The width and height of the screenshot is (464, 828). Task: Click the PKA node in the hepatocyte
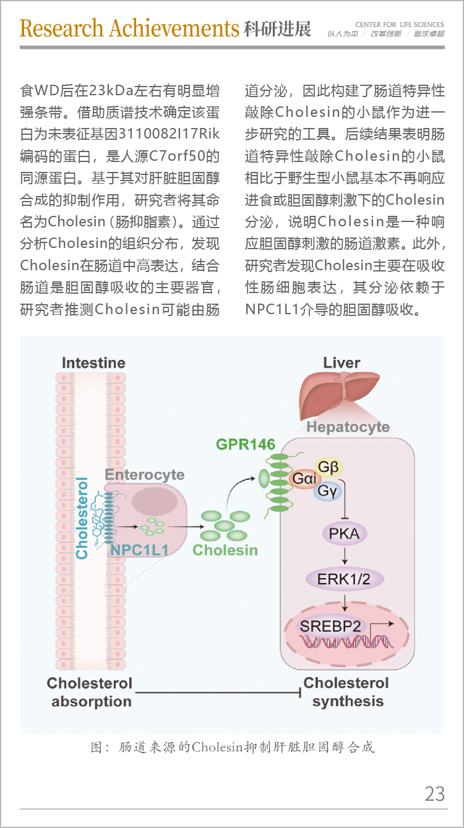[344, 534]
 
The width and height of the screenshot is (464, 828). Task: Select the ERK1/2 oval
[344, 579]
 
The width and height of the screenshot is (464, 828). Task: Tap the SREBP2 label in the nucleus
[330, 626]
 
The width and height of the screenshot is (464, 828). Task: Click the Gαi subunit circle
[304, 479]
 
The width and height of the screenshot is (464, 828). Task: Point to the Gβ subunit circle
[329, 467]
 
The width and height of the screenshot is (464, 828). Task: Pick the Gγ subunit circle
[327, 491]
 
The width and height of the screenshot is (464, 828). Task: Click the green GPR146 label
[246, 444]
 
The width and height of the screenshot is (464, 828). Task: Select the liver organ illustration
[338, 395]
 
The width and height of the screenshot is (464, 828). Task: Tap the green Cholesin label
[225, 550]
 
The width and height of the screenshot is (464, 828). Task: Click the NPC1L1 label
[139, 550]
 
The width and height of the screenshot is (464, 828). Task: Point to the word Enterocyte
[145, 475]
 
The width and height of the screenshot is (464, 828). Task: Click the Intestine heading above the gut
[93, 362]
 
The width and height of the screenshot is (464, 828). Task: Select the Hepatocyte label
[348, 427]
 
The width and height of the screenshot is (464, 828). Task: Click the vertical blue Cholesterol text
[82, 518]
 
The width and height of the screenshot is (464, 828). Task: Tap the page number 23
[434, 793]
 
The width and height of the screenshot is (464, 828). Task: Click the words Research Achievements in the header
[129, 28]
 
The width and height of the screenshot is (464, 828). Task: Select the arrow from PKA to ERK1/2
[345, 556]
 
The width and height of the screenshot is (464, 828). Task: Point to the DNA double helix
[346, 641]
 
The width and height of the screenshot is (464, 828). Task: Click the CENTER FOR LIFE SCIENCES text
[399, 25]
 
